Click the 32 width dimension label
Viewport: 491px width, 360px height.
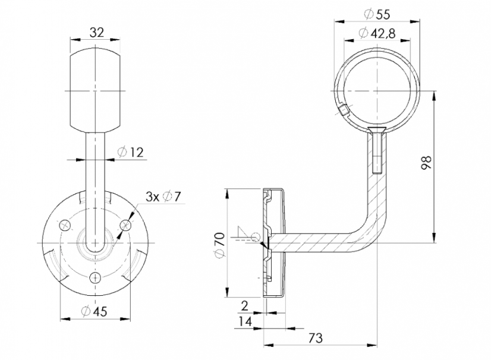[96, 32]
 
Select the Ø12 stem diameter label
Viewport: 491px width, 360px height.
[131, 152]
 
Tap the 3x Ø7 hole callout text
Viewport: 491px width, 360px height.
[163, 197]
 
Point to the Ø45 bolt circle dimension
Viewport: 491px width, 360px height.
[94, 311]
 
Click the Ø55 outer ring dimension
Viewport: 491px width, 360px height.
[377, 14]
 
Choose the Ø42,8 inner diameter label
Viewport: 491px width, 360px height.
[377, 33]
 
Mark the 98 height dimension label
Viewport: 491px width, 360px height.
[426, 162]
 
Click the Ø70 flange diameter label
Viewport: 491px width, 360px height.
[219, 245]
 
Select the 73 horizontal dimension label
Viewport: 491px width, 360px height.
[315, 338]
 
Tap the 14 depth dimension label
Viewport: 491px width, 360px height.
[245, 321]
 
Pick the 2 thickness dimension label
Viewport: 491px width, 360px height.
[245, 305]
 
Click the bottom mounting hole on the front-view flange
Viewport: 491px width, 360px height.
[95, 277]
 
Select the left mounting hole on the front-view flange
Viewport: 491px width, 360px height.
[65, 225]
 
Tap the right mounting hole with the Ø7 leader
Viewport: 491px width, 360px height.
[125, 225]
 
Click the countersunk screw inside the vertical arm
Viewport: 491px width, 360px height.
[377, 150]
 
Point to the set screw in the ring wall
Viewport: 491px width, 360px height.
[343, 111]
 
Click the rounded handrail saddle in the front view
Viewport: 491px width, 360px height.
[95, 90]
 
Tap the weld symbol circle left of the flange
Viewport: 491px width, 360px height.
[256, 237]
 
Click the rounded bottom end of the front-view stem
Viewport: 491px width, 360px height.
[95, 248]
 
